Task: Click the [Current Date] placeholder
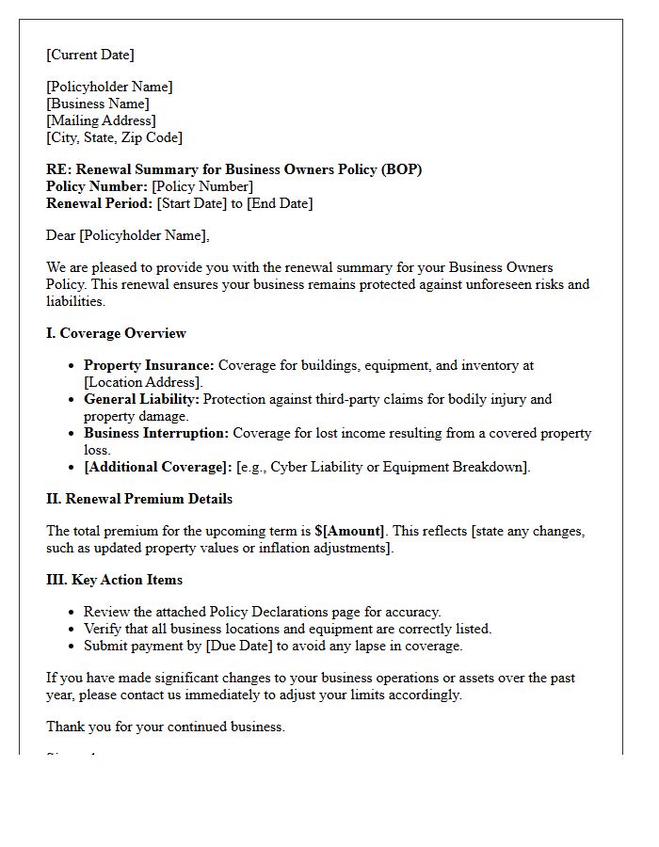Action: point(90,55)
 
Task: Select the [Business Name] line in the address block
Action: point(98,104)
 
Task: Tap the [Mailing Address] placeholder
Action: point(101,120)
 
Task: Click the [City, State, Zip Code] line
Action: point(114,137)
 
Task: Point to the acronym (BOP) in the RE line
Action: point(402,169)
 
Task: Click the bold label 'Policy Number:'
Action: point(97,186)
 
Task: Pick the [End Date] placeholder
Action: point(280,203)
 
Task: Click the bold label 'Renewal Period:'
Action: point(99,203)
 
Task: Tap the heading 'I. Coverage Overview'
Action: point(116,333)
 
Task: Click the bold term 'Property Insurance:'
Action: point(149,365)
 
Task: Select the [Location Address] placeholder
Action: point(143,382)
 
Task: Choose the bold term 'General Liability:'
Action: point(141,399)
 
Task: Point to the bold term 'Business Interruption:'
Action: point(156,433)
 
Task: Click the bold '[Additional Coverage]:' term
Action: point(157,467)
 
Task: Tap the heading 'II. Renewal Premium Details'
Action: point(139,499)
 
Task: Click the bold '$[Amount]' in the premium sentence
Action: point(349,531)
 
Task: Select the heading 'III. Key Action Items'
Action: point(114,580)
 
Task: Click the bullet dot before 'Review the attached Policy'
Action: point(72,612)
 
